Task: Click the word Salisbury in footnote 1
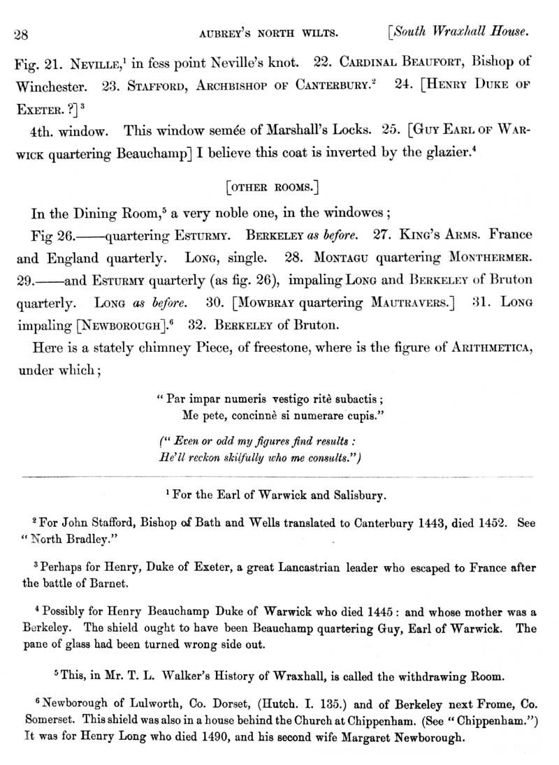click(x=356, y=496)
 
